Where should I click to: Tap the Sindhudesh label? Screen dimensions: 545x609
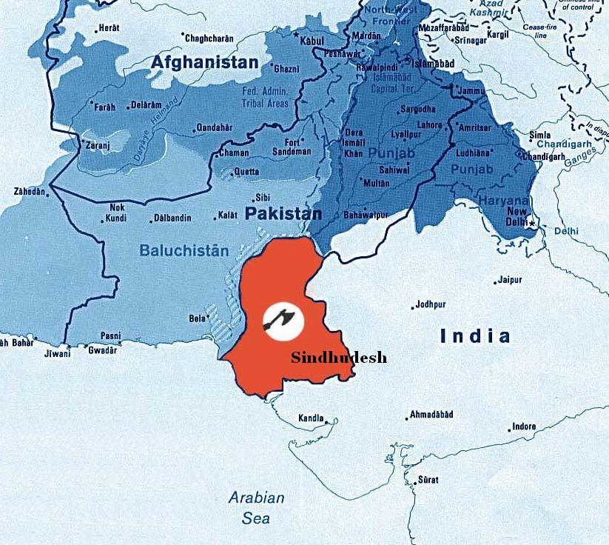click(x=338, y=358)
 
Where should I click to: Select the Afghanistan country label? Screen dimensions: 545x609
click(x=205, y=63)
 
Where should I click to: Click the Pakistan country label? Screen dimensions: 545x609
click(x=283, y=214)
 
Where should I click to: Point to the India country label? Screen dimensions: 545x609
click(x=475, y=336)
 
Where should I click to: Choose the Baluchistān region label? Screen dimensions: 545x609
click(x=184, y=251)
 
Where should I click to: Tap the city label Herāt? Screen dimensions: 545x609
click(x=107, y=29)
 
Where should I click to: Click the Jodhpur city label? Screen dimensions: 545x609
click(x=431, y=304)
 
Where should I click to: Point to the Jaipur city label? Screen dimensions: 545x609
click(x=510, y=280)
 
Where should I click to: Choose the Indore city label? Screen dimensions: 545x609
click(x=523, y=427)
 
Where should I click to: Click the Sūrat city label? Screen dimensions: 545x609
click(x=428, y=480)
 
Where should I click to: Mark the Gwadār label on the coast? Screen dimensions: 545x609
click(x=102, y=350)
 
